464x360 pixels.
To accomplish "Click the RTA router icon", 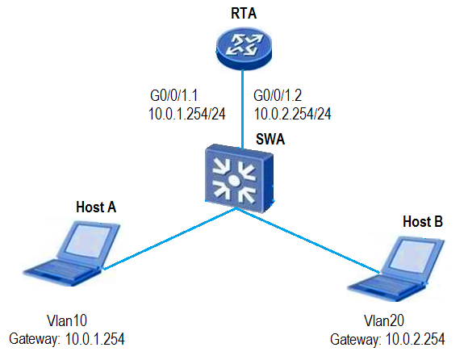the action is tap(244, 49).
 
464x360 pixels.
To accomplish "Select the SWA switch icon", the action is tap(239, 178).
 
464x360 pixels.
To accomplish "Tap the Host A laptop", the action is tap(72, 253).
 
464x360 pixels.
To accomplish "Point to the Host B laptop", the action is tap(396, 268).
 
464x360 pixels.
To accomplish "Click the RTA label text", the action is tap(244, 14).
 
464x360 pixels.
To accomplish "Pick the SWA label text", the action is tap(270, 139).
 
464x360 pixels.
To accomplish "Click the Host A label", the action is tap(96, 207).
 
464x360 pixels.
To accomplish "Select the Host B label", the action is tap(423, 221).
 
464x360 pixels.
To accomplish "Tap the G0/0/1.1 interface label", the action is tap(173, 95).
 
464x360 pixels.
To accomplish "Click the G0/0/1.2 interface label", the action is tap(278, 95).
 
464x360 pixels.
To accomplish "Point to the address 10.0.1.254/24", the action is tap(186, 114).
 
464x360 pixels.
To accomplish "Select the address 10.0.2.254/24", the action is tap(292, 114).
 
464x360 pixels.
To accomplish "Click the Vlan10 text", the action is tap(67, 320).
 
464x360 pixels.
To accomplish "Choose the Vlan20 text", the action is tap(384, 320).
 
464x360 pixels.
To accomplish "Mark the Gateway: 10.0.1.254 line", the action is tap(67, 339).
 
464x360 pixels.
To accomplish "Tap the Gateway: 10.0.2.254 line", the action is tap(387, 339).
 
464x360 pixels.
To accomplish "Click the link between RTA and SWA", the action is tap(243, 110).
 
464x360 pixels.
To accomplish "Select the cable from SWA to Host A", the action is tap(169, 239).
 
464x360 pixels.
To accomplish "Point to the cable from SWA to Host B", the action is tap(307, 241).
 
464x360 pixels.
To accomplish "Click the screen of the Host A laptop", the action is tap(88, 239).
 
